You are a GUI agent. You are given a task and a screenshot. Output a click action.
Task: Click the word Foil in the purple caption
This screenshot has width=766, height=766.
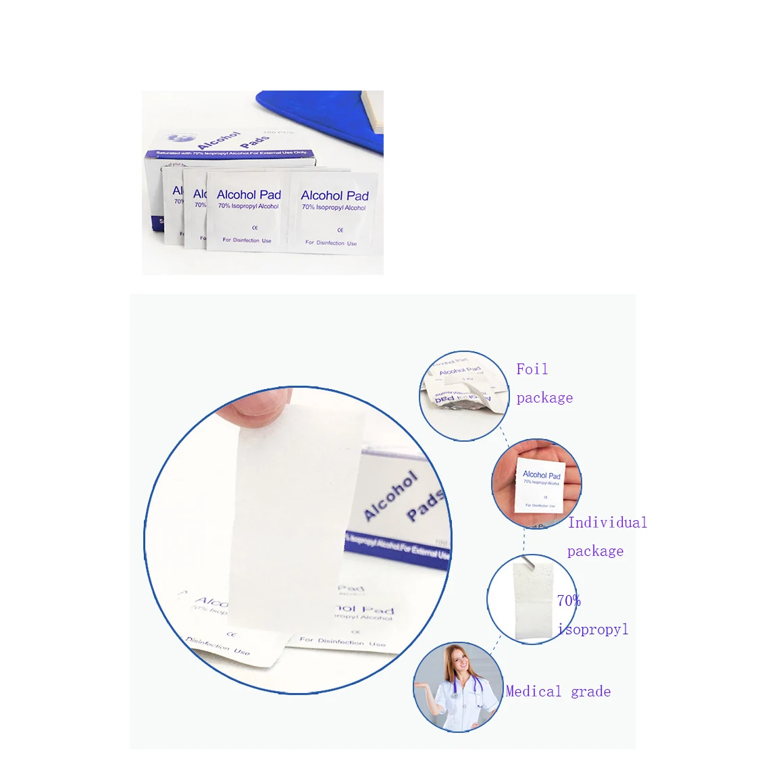[x=532, y=369]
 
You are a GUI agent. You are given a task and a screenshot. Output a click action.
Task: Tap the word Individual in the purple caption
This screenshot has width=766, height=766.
[x=607, y=523]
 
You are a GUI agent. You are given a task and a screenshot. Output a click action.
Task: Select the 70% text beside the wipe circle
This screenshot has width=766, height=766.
[x=569, y=601]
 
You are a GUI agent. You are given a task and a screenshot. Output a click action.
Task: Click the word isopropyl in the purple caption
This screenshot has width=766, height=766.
[x=594, y=630]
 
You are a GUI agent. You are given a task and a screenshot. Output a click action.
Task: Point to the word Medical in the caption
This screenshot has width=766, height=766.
[x=534, y=692]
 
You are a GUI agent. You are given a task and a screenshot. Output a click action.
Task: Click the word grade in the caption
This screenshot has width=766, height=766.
[x=591, y=692]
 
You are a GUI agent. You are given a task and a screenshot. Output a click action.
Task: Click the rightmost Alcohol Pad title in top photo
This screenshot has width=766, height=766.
[x=334, y=196]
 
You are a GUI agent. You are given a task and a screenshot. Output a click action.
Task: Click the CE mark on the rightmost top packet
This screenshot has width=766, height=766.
[x=340, y=230]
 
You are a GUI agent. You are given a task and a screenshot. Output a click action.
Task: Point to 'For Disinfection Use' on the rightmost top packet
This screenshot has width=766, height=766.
[x=331, y=242]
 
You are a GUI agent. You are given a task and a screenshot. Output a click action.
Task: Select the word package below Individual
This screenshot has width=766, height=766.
[x=595, y=551]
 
